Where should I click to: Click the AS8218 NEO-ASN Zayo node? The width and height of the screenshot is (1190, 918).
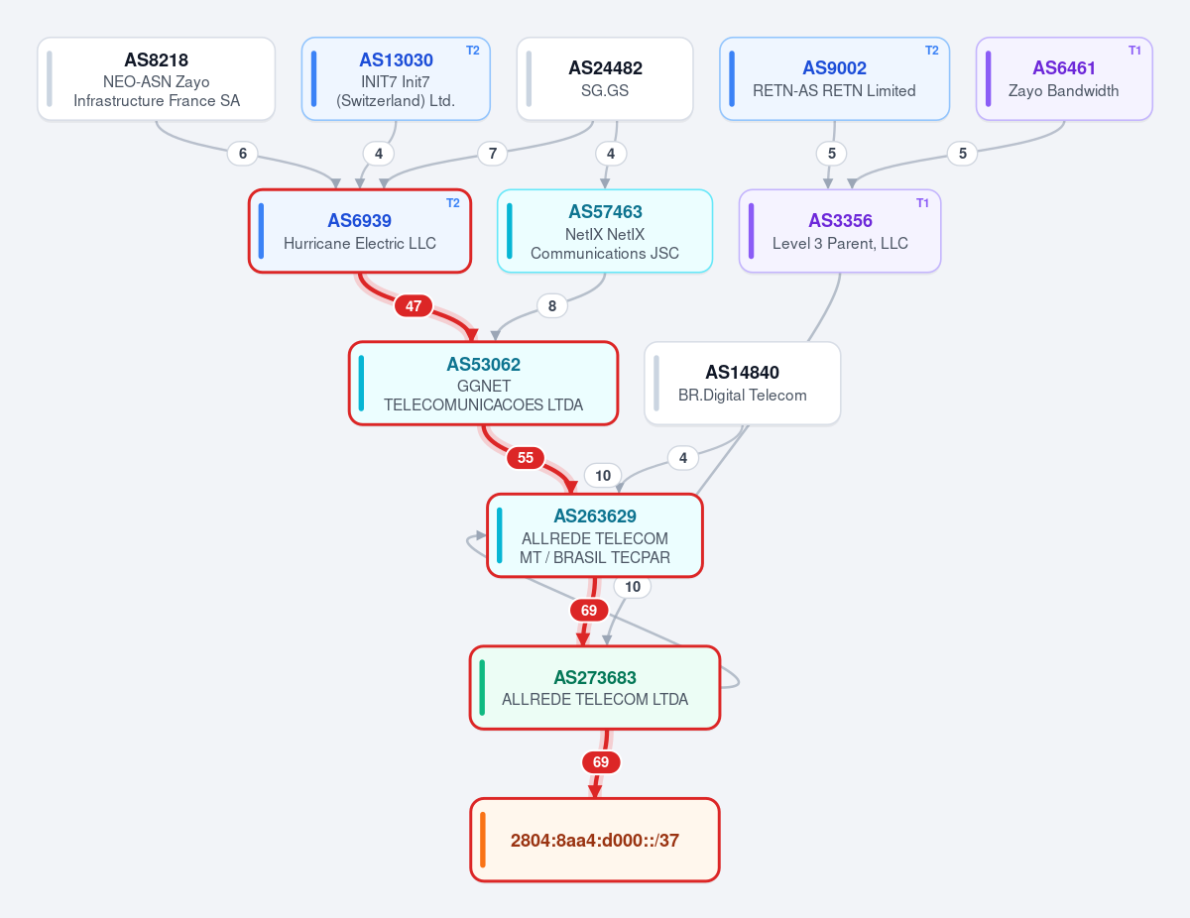pyautogui.click(x=156, y=79)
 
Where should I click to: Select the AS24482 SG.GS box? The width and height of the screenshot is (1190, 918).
pyautogui.click(x=605, y=79)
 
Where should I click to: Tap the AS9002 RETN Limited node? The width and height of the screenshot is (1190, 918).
pyautogui.click(x=834, y=79)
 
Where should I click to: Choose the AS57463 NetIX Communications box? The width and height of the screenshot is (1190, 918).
pyautogui.click(x=605, y=231)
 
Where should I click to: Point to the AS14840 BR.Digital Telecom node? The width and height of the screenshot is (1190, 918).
pyautogui.click(x=742, y=384)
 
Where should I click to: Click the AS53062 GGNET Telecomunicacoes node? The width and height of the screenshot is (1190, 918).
pyautogui.click(x=483, y=384)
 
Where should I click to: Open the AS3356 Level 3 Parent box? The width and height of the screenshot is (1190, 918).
pyautogui.click(x=840, y=231)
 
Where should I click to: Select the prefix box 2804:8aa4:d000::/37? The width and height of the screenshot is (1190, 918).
pyautogui.click(x=595, y=840)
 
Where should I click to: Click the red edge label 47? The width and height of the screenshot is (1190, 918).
pyautogui.click(x=413, y=306)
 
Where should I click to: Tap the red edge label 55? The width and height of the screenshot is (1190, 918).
pyautogui.click(x=526, y=458)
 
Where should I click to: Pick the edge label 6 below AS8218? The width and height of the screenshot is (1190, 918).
pyautogui.click(x=243, y=154)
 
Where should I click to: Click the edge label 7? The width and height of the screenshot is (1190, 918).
pyautogui.click(x=492, y=154)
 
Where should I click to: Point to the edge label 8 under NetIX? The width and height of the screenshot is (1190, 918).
pyautogui.click(x=552, y=306)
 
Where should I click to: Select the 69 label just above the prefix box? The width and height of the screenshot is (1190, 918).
pyautogui.click(x=601, y=762)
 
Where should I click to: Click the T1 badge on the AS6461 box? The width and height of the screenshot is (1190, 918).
pyautogui.click(x=1134, y=51)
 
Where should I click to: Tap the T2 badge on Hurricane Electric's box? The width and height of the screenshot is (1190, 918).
pyautogui.click(x=453, y=203)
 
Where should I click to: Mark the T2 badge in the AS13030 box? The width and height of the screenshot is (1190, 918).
pyautogui.click(x=473, y=51)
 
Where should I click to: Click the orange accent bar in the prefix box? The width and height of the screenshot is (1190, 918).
pyautogui.click(x=483, y=840)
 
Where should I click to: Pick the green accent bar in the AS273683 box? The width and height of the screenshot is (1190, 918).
pyautogui.click(x=482, y=688)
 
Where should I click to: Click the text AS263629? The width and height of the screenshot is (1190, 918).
pyautogui.click(x=595, y=516)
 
